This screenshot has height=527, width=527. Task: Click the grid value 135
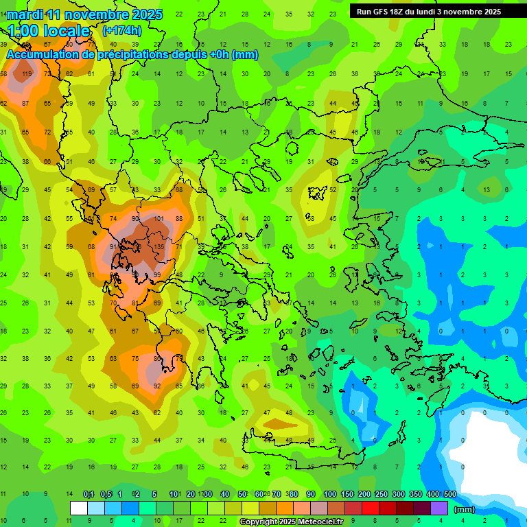[159, 247]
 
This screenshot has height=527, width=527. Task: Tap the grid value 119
[27, 74]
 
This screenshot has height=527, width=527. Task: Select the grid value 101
[159, 219]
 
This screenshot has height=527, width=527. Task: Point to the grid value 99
[157, 275]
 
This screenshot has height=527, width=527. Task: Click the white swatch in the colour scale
[79, 508]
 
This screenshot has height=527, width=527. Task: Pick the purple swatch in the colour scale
[439, 508]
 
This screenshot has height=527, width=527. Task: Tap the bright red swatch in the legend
[371, 508]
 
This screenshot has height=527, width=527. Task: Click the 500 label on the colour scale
[449, 495]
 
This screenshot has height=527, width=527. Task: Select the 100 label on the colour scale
[330, 495]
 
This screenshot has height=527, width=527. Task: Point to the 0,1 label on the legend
[89, 495]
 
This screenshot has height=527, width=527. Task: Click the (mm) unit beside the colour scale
[465, 509]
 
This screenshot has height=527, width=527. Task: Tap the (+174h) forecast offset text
[121, 31]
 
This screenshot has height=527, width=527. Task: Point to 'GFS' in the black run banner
[382, 12]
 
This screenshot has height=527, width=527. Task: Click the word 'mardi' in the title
[25, 14]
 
